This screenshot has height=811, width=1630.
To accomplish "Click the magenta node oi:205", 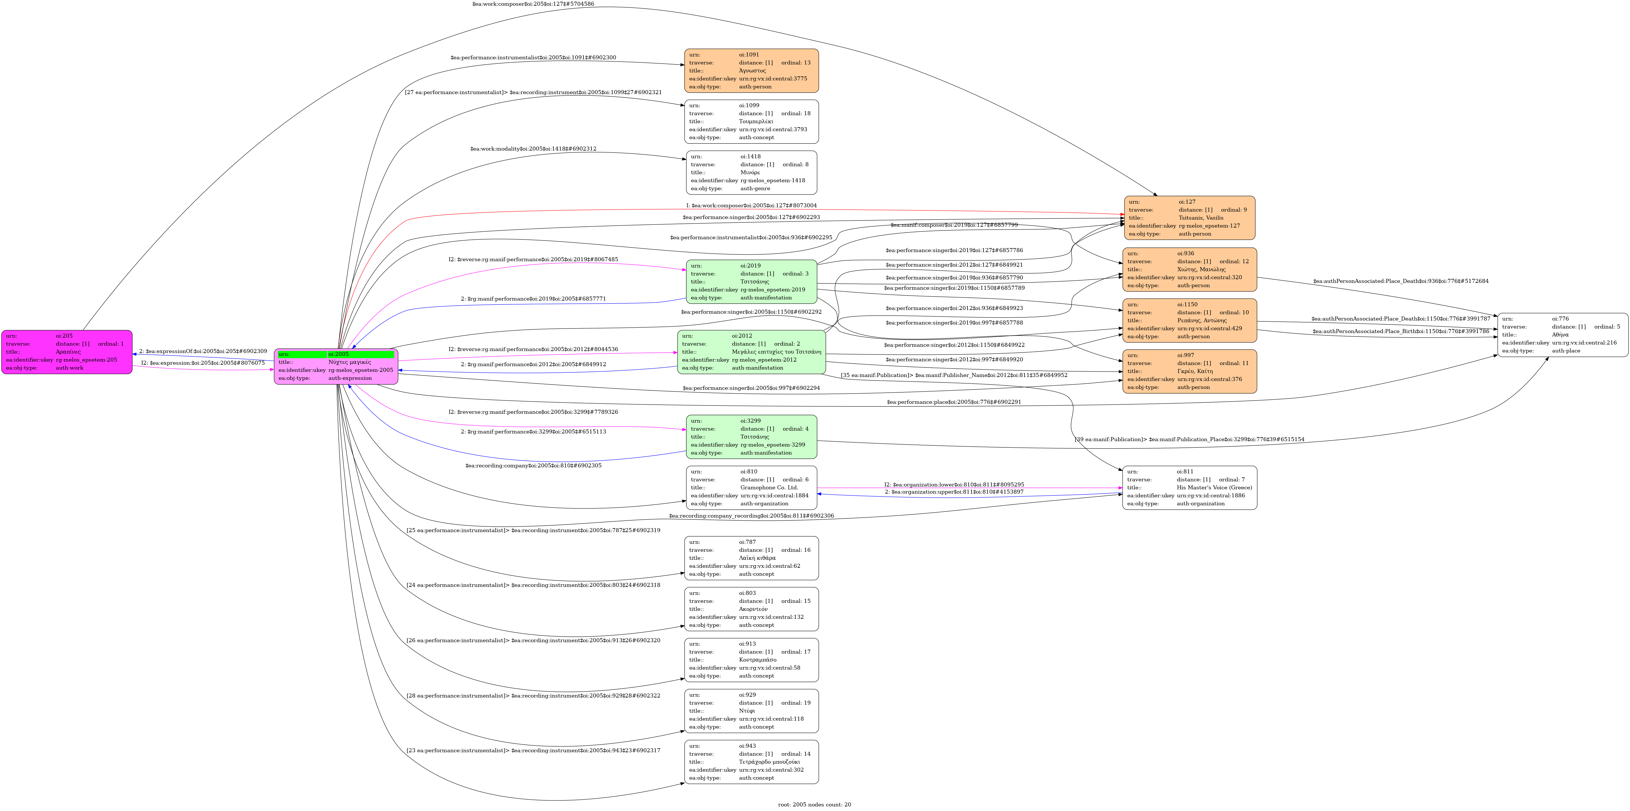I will [x=66, y=352].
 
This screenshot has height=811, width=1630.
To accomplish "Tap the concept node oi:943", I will [x=751, y=762].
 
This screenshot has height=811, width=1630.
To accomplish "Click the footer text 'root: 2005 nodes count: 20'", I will [x=814, y=805].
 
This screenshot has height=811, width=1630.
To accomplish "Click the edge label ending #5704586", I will [x=533, y=4].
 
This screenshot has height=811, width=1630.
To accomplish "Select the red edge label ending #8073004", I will [x=751, y=206].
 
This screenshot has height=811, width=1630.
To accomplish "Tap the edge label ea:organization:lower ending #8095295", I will [x=954, y=484].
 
